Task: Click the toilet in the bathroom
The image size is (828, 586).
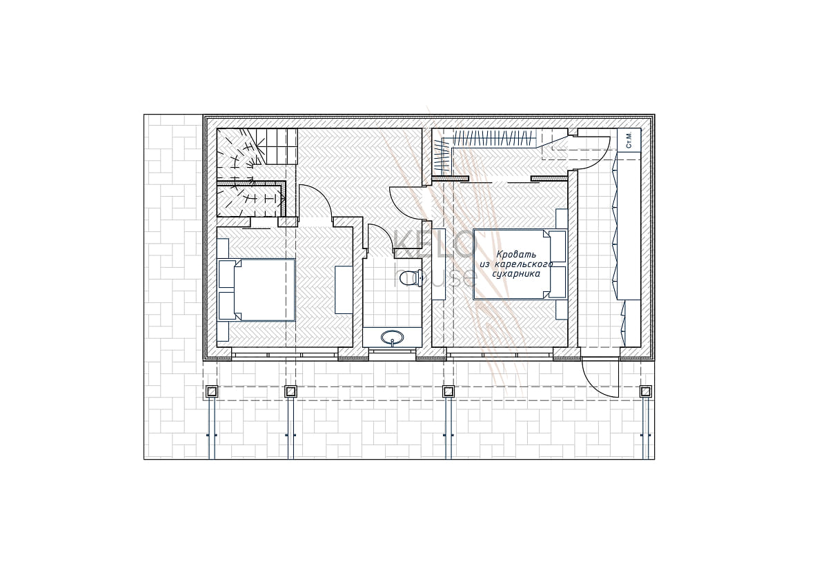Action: pos(412,278)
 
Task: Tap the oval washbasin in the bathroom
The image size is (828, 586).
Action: pos(392,337)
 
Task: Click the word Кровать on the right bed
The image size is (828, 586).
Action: pos(511,255)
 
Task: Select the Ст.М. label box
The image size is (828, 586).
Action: pos(629,139)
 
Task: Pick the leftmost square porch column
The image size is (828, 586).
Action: pos(212,391)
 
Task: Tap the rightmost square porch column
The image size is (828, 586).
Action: pos(646,391)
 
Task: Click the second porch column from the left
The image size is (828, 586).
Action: pos(291,391)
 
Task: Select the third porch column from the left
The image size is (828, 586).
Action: pos(448,391)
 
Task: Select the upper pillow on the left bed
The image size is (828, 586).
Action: pos(227,274)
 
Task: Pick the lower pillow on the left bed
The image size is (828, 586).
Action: pos(227,306)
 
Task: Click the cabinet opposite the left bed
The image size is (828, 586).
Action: pos(344,290)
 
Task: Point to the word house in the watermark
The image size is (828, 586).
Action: pos(434,275)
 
